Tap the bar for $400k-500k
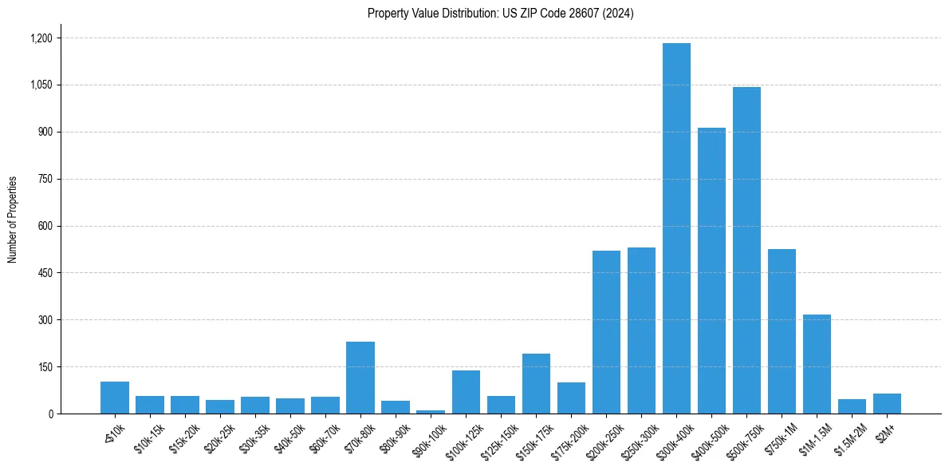[x=711, y=271]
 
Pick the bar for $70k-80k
[x=360, y=378]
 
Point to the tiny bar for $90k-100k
[x=431, y=411]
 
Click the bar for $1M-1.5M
[x=817, y=364]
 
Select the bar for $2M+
[x=887, y=403]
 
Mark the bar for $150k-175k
[x=536, y=383]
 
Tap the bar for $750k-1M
[x=782, y=331]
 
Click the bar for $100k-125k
[x=466, y=392]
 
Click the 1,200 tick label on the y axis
[x=41, y=38]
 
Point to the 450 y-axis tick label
[x=45, y=273]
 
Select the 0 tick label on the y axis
[x=49, y=414]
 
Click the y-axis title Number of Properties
[x=12, y=220]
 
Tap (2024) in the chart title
[x=619, y=14]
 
